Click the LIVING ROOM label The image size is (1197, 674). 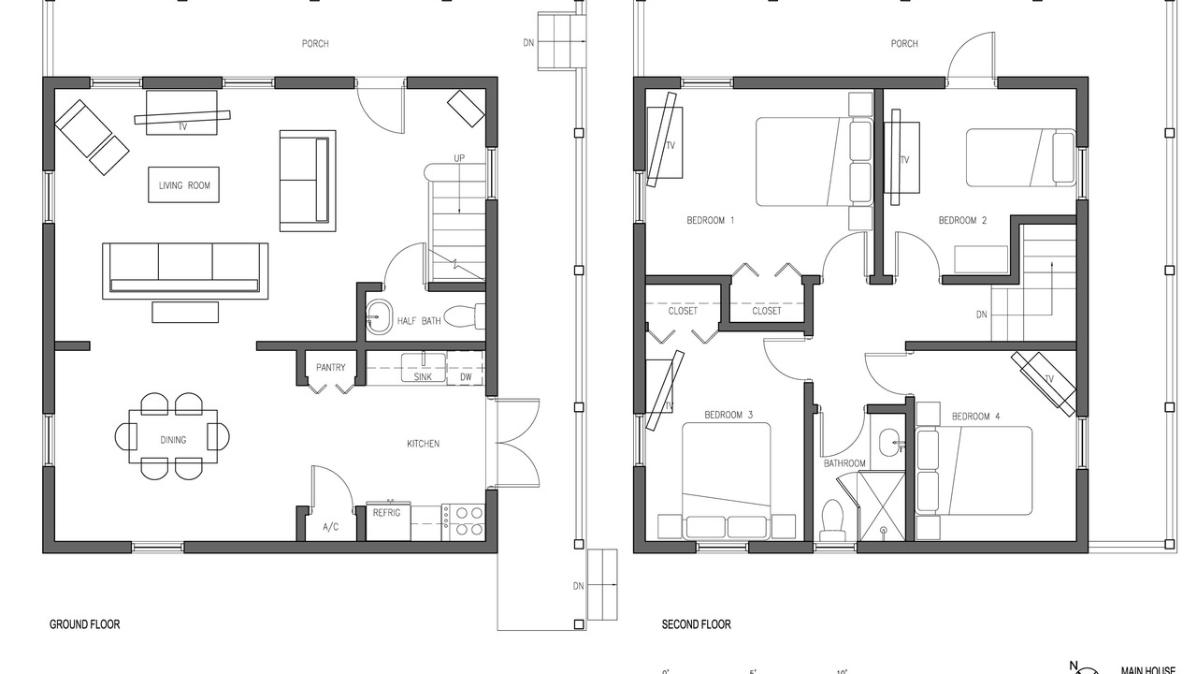coord(184,185)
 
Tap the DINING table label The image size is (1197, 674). coord(173,440)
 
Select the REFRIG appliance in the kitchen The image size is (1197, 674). coord(388,521)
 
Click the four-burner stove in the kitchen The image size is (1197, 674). coord(463,522)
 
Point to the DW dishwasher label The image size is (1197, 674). coord(466,377)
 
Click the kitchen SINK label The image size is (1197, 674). coord(423,377)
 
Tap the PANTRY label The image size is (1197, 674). coord(331,368)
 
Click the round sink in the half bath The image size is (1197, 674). coord(380,317)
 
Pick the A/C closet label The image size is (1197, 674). coord(331,527)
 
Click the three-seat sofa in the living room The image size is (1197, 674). coord(185,271)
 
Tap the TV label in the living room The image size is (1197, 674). coord(182,126)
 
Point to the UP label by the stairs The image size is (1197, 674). coord(459,158)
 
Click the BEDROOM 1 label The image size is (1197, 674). coord(710,220)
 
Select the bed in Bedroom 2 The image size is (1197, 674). coord(1020,158)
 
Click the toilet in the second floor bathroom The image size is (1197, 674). coord(832,520)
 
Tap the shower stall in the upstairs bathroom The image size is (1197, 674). coord(882,507)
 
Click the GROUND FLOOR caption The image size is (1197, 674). coord(84,624)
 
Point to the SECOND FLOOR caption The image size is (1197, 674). coord(697,624)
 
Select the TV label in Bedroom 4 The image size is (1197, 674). coord(1049,379)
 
